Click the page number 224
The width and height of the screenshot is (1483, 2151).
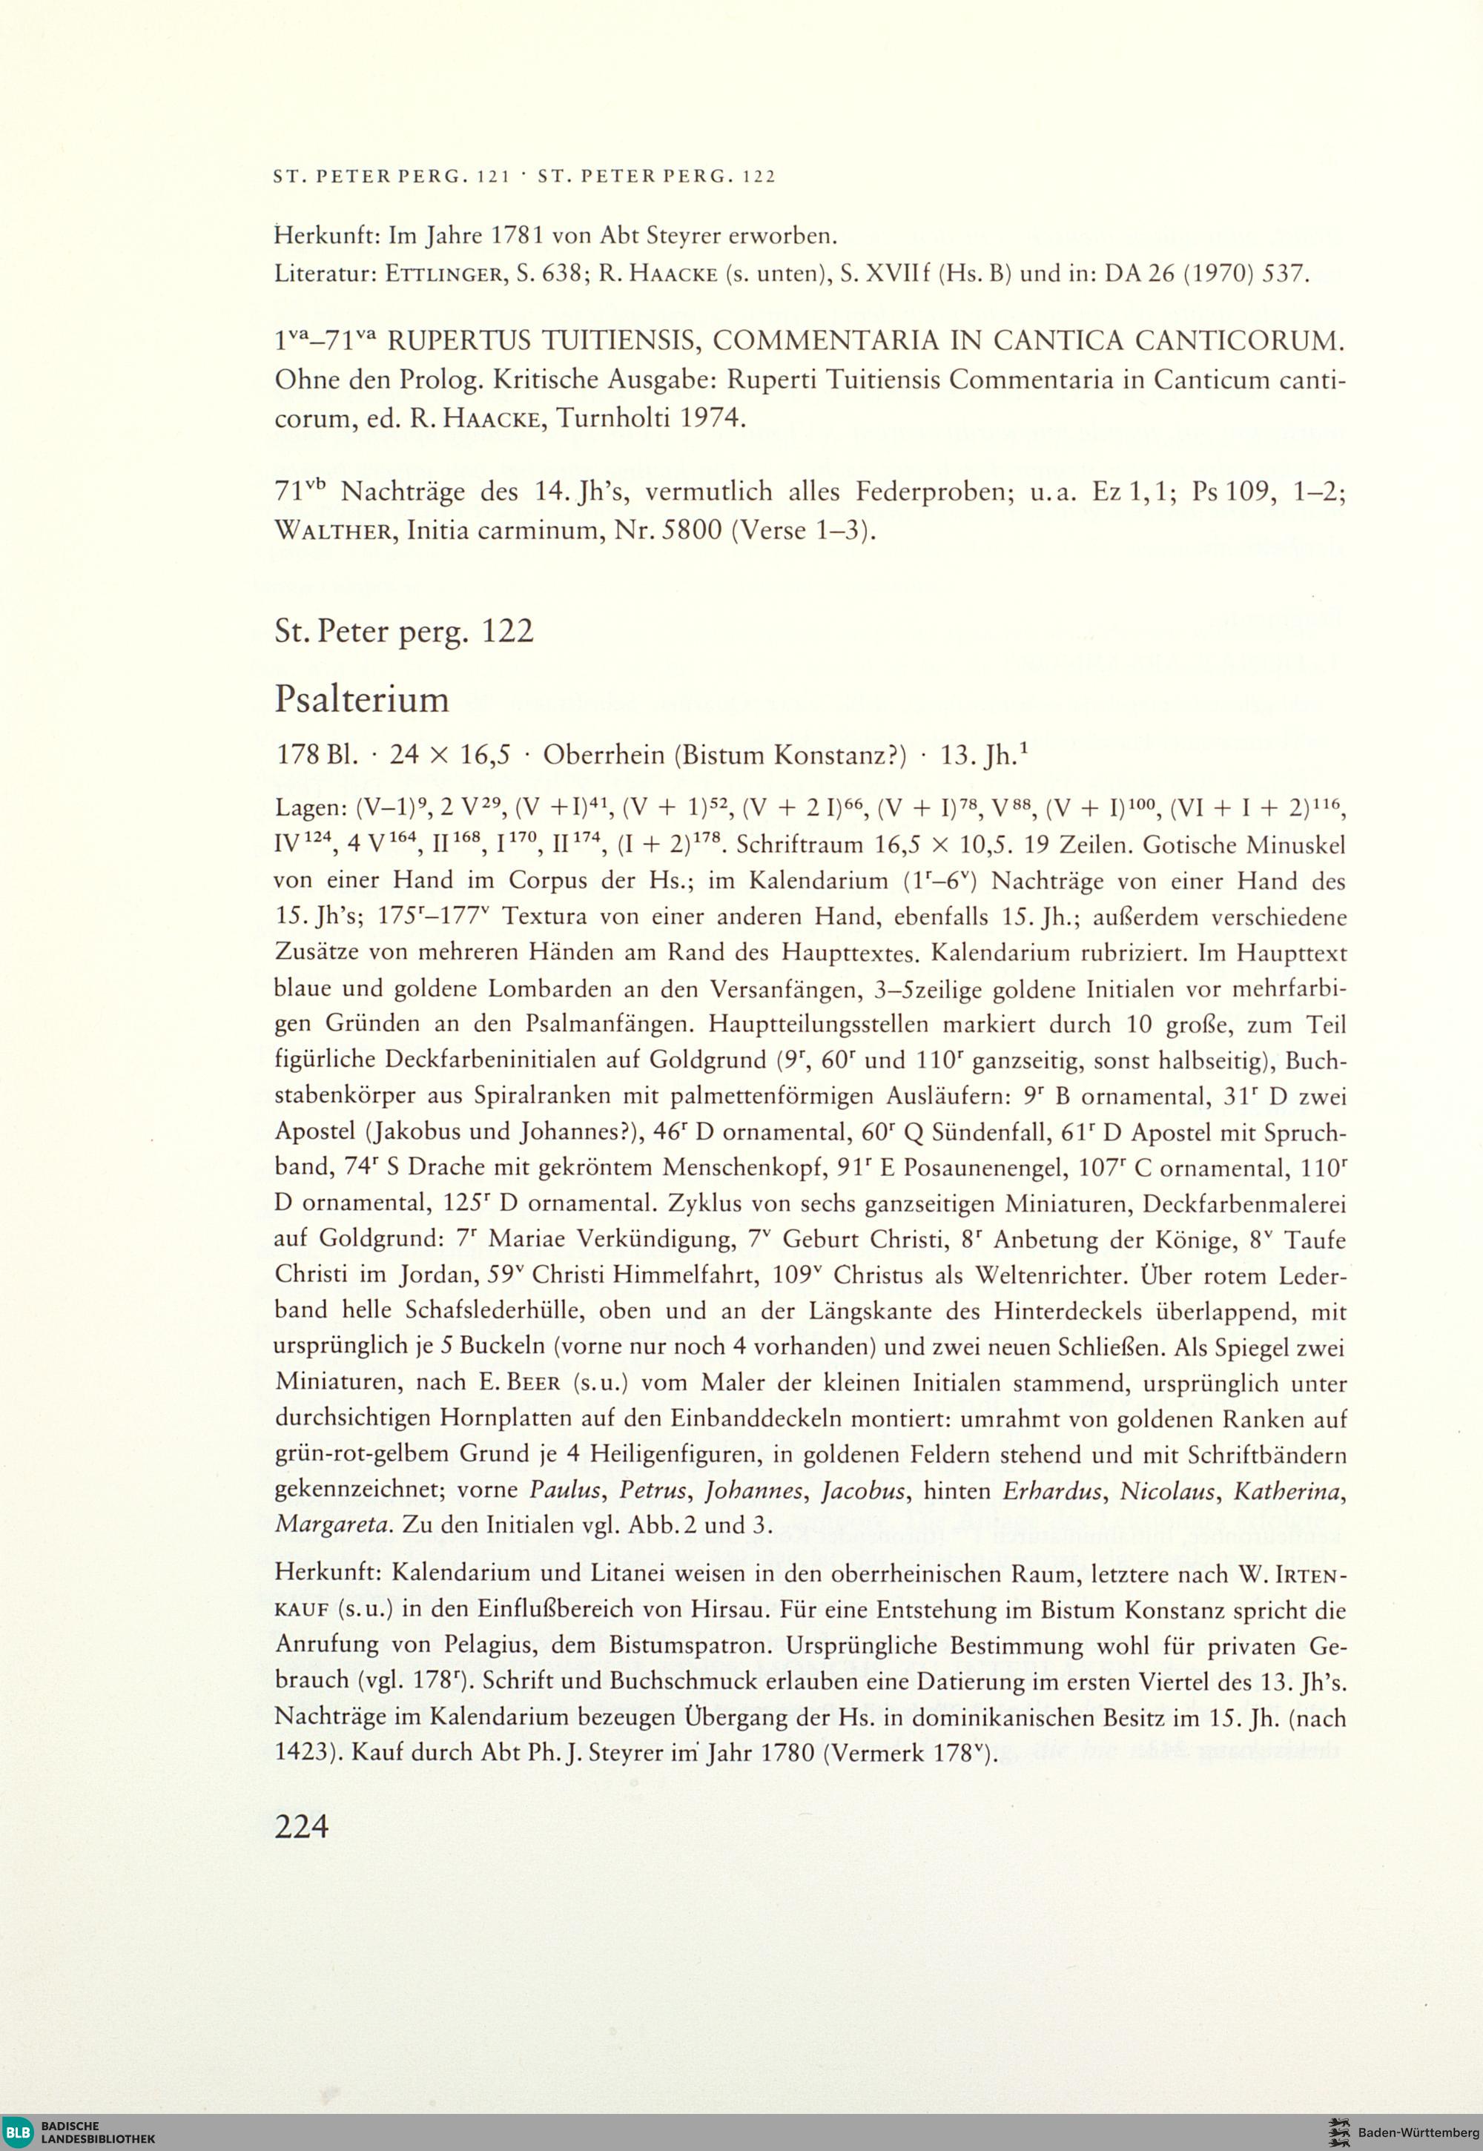tap(302, 1827)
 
